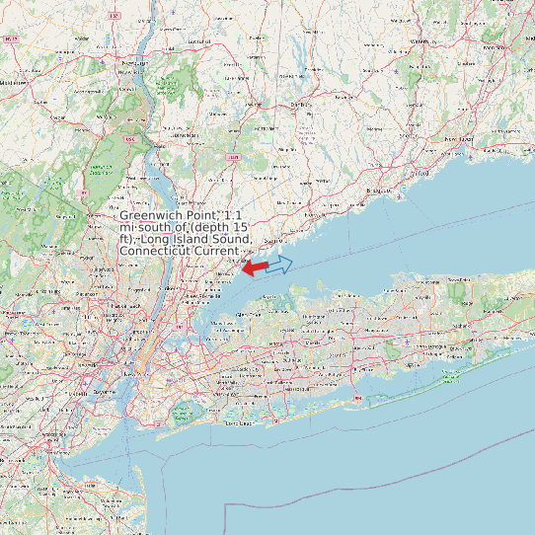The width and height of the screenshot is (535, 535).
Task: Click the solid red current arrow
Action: pos(256,267)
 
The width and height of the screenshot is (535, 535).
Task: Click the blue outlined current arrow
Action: pos(280,265)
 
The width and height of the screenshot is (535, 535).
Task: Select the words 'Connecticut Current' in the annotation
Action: pos(179,251)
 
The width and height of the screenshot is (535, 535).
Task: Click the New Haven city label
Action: pos(457,141)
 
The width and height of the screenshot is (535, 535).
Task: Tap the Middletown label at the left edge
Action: pos(14,83)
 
